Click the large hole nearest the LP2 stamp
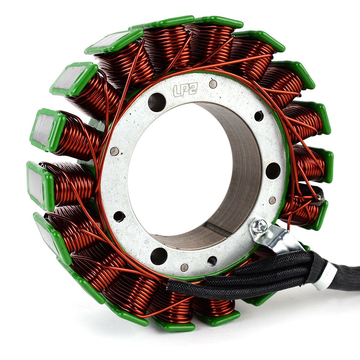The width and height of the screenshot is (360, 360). (157, 102)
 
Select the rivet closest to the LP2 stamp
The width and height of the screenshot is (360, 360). (213, 84)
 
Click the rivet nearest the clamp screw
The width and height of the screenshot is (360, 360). (272, 200)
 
